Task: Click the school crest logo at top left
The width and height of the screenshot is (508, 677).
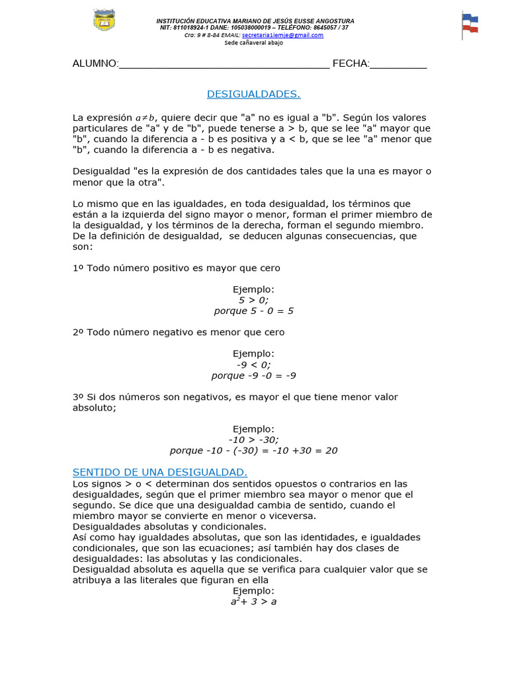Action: pyautogui.click(x=105, y=22)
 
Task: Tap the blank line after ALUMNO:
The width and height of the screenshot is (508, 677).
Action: pyautogui.click(x=224, y=64)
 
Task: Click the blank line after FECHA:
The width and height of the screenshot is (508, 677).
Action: pyautogui.click(x=398, y=64)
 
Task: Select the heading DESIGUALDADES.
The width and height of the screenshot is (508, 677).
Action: pyautogui.click(x=253, y=95)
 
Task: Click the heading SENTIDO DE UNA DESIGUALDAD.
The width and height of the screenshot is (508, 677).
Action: pyautogui.click(x=159, y=472)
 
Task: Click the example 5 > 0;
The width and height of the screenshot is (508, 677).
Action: pyautogui.click(x=253, y=300)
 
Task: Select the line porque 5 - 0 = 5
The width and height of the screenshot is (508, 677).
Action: pyautogui.click(x=253, y=311)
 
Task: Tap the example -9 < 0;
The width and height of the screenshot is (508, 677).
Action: pyautogui.click(x=253, y=364)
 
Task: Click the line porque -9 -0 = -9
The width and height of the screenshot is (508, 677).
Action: pyautogui.click(x=253, y=376)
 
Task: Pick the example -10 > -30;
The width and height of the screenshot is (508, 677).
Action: pyautogui.click(x=253, y=440)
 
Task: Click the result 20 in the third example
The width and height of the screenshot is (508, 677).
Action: pyautogui.click(x=331, y=451)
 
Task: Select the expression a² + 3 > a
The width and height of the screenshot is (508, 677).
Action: pyautogui.click(x=253, y=602)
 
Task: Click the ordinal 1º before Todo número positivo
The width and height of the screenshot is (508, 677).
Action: pyautogui.click(x=78, y=268)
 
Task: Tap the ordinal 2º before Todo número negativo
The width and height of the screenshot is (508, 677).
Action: pyautogui.click(x=78, y=333)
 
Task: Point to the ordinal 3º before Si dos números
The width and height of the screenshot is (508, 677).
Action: pyautogui.click(x=78, y=397)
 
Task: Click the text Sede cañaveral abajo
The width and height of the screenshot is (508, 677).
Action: pyautogui.click(x=253, y=42)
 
